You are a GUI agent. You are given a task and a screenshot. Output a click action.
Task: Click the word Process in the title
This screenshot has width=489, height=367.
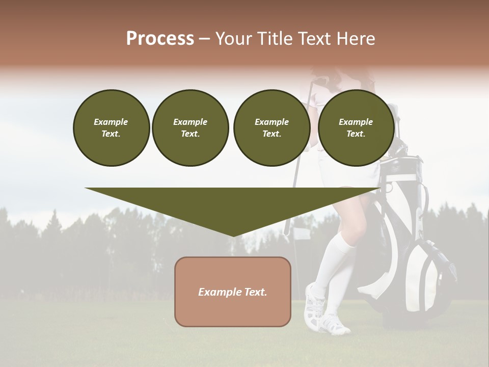click(160, 39)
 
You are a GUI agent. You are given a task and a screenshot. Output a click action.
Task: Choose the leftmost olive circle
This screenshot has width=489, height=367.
click(111, 127)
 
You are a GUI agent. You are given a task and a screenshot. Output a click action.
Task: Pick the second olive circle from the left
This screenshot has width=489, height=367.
click(190, 127)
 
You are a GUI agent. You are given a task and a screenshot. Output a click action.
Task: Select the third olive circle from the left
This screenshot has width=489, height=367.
click(271, 127)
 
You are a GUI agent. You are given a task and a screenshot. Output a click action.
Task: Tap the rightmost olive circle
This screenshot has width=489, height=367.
click(356, 127)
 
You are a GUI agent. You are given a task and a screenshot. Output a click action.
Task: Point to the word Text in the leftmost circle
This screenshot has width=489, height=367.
click(111, 134)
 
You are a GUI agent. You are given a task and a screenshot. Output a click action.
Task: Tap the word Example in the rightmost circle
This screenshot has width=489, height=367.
click(356, 122)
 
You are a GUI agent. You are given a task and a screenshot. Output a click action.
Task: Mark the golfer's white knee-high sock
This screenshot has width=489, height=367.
click(334, 265)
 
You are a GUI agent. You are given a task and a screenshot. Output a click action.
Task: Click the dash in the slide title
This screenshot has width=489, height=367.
click(205, 39)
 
